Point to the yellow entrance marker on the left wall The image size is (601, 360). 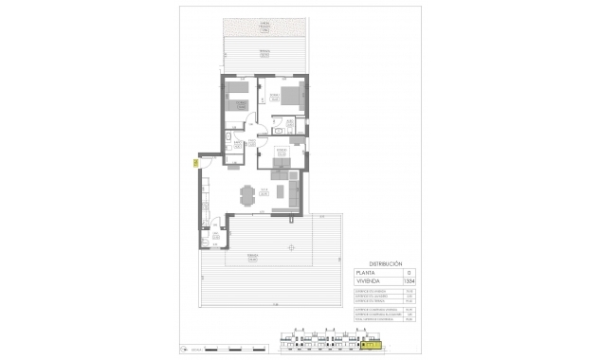click(x=195, y=164)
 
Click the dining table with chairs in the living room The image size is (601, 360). click(x=249, y=196)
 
